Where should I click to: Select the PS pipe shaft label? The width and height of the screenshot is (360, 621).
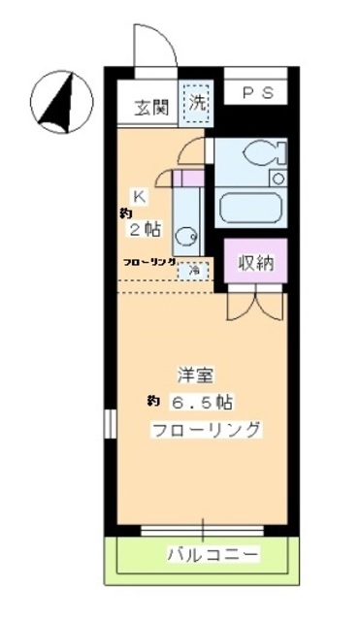coord(256,93)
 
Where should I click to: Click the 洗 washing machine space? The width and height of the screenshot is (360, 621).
coord(197,100)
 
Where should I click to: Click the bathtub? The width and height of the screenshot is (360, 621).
coord(251,207)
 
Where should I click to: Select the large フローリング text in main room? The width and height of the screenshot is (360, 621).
coord(205,430)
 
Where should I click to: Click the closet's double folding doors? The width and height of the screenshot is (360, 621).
coord(255,304)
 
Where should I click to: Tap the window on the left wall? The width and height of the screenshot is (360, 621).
coord(109,423)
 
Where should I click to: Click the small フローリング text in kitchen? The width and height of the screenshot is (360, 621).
coord(148,262)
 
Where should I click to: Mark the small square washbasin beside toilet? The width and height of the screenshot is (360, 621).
coord(278,179)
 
